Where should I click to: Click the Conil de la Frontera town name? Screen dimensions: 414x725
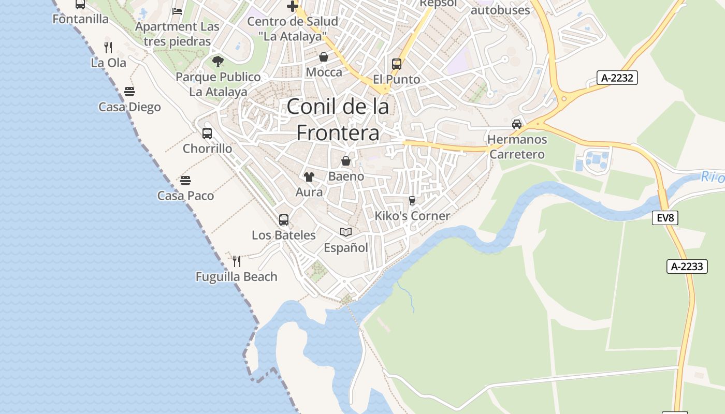click(337, 120)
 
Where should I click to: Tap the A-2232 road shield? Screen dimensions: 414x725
click(617, 78)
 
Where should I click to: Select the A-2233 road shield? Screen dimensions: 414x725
click(687, 267)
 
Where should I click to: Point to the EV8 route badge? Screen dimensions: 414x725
click(665, 218)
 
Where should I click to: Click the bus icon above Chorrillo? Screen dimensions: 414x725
click(207, 134)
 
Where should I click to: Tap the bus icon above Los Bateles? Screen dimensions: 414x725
click(284, 220)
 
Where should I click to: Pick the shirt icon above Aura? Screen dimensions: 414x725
click(309, 177)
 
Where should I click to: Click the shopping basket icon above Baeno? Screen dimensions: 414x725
click(346, 161)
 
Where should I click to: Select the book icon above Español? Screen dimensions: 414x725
click(346, 232)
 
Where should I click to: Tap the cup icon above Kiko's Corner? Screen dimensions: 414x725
click(412, 200)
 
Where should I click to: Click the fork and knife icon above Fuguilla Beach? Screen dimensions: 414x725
click(237, 261)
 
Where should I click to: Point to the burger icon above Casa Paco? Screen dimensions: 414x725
click(185, 181)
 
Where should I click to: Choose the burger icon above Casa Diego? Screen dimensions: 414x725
click(129, 92)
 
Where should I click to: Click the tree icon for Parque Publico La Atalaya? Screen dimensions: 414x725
click(218, 62)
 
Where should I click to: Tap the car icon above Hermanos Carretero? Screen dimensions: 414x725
click(517, 124)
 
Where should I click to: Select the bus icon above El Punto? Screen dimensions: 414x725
click(397, 64)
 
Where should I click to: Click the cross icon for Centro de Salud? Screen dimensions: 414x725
click(293, 6)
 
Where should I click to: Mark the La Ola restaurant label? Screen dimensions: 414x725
click(108, 63)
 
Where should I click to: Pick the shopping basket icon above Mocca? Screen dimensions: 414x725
click(324, 57)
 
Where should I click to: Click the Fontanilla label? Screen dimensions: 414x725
click(81, 19)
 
